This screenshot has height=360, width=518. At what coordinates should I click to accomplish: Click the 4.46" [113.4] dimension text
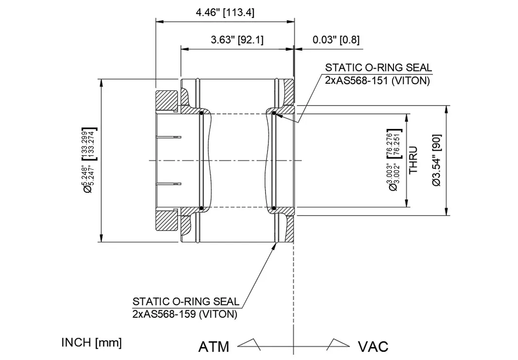click(225, 12)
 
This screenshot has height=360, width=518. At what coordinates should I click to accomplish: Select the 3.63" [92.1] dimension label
click(237, 40)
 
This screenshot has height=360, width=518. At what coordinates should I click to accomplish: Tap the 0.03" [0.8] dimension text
click(336, 40)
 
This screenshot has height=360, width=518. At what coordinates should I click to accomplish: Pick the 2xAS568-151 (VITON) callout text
click(377, 81)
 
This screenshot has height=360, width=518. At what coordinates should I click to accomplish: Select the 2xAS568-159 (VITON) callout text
click(185, 314)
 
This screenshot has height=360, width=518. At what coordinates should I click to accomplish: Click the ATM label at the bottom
click(214, 346)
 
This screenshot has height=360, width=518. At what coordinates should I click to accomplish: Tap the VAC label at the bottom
click(373, 346)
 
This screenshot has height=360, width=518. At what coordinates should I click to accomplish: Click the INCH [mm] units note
click(91, 342)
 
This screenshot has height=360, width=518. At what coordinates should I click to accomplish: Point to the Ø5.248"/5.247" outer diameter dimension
click(89, 160)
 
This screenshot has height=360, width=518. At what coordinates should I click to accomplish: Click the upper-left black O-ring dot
click(201, 113)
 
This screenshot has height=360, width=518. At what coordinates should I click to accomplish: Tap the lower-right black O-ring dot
click(274, 208)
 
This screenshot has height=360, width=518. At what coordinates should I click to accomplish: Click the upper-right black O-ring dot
click(274, 113)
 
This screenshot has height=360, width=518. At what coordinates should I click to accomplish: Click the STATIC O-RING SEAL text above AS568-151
click(378, 68)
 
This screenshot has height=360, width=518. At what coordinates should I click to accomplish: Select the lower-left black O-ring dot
click(201, 208)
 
